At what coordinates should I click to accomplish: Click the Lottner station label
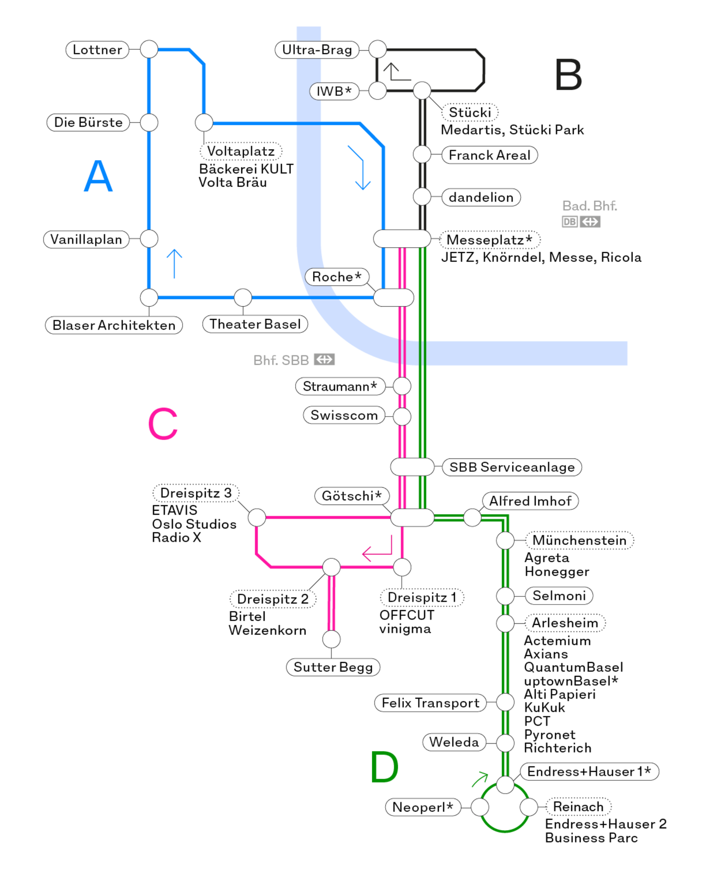pyautogui.click(x=97, y=50)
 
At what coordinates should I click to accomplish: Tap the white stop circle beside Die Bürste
pyautogui.click(x=149, y=123)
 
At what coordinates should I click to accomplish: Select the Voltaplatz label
pyautogui.click(x=240, y=151)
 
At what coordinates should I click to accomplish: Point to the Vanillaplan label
pyautogui.click(x=86, y=239)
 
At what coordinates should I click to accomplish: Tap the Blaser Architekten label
pyautogui.click(x=114, y=325)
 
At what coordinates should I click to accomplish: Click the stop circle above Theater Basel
pyautogui.click(x=243, y=298)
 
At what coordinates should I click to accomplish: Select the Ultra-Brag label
pyautogui.click(x=317, y=50)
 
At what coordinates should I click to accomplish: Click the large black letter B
pyautogui.click(x=568, y=75)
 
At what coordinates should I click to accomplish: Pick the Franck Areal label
pyautogui.click(x=489, y=155)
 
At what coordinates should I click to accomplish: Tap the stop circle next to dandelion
pyautogui.click(x=422, y=197)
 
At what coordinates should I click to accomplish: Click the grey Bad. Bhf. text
pyautogui.click(x=589, y=206)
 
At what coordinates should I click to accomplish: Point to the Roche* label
pyautogui.click(x=337, y=277)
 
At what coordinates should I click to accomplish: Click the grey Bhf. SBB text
pyautogui.click(x=281, y=360)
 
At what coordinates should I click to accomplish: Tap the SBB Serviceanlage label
pyautogui.click(x=512, y=467)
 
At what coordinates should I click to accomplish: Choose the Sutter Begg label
pyautogui.click(x=333, y=667)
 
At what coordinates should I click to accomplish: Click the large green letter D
pyautogui.click(x=384, y=767)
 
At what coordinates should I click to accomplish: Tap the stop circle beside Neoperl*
pyautogui.click(x=479, y=807)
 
